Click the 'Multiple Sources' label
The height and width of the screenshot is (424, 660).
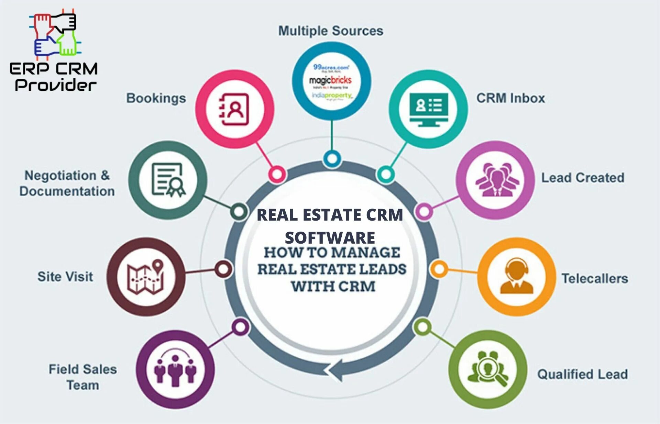click(331, 31)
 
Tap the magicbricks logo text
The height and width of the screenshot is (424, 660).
click(330, 80)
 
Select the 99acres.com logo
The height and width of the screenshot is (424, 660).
click(331, 68)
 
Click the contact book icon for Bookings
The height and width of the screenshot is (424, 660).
click(234, 109)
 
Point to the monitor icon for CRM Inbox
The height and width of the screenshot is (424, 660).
click(429, 109)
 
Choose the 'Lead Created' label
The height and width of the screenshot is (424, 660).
click(583, 178)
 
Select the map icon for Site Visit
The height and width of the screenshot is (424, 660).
click(146, 277)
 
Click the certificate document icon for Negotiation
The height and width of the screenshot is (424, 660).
click(168, 180)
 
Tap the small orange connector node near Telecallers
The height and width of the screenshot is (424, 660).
click(439, 269)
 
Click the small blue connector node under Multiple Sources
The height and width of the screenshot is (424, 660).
click(332, 159)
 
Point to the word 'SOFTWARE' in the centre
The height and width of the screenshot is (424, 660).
click(330, 238)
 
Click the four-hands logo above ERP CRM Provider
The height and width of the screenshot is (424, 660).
click(55, 34)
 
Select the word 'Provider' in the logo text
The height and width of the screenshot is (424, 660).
click(55, 85)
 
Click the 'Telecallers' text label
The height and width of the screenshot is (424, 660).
click(595, 278)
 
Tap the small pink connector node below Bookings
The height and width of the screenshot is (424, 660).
click(277, 174)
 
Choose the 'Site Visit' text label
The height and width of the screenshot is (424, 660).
click(65, 277)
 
